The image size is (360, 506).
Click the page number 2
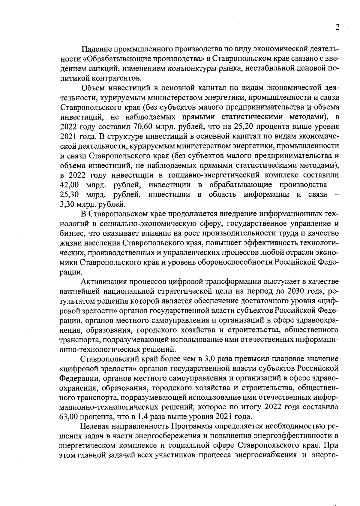pyautogui.click(x=337, y=27)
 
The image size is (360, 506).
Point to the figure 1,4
pyautogui.click(x=143, y=417)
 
